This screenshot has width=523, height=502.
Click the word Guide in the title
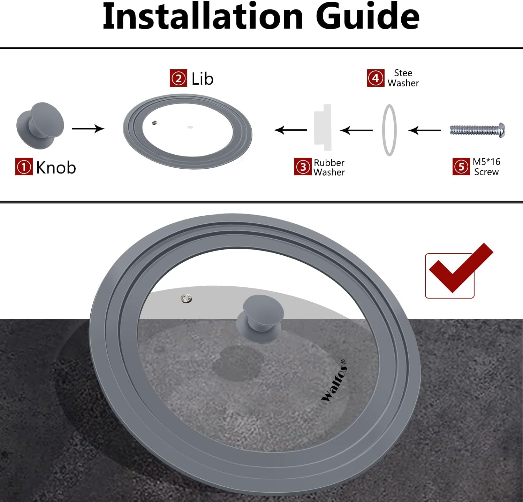tap(367, 16)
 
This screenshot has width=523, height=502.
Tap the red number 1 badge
tap(24, 167)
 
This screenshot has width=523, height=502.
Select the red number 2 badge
tap(179, 78)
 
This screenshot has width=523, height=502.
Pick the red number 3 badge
tap(303, 167)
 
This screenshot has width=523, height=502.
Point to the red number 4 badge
tap(376, 78)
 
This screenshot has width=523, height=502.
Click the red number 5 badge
tap(461, 167)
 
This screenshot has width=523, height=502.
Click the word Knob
tap(56, 168)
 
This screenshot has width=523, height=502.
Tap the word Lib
tap(202, 79)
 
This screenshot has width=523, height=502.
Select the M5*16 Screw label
tap(486, 167)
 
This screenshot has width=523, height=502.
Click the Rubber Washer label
tap(329, 168)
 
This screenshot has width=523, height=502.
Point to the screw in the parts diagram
tap(477, 130)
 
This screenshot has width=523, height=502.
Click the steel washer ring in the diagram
tap(384, 130)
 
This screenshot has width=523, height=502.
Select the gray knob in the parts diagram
tap(40, 126)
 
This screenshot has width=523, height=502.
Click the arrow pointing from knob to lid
tap(88, 129)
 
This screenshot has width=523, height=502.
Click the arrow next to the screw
tap(424, 131)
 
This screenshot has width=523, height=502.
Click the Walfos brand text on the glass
tap(334, 381)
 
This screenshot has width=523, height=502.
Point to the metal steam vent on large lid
tap(187, 298)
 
